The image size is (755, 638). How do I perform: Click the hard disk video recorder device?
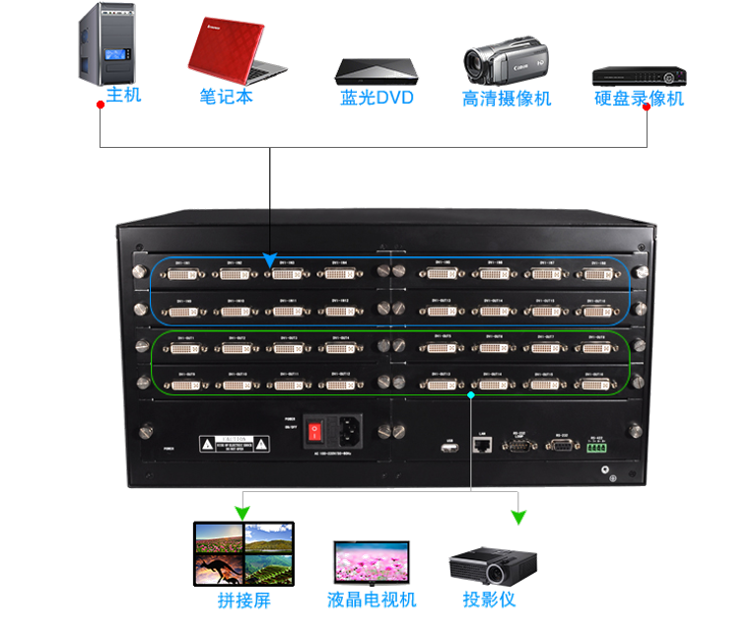coord(638,75)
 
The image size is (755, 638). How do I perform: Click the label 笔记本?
coord(227,98)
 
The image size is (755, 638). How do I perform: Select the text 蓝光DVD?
coord(376,99)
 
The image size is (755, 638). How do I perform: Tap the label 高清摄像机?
coord(507,99)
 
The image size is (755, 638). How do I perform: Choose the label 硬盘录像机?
coord(639,99)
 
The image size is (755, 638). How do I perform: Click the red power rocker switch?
coord(315,430)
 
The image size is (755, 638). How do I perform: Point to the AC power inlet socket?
coord(347,430)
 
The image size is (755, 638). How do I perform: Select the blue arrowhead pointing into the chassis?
coord(269,261)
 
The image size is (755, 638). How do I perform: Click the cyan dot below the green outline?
coord(471,394)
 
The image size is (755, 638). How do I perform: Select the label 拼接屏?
coord(243,601)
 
